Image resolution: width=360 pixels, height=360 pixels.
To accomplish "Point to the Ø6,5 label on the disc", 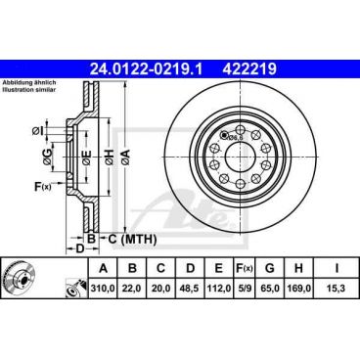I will (235, 136).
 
